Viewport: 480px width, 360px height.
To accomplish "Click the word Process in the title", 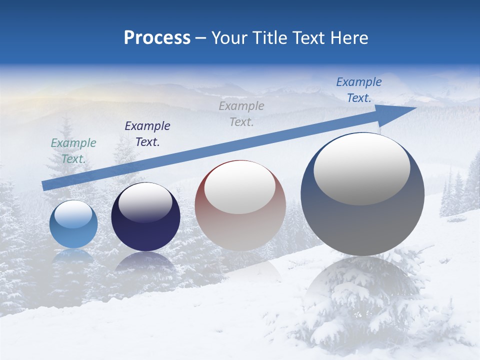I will tap(157, 38).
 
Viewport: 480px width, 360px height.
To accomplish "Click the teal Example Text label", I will tap(73, 151).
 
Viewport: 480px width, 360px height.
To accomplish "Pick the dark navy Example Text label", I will tap(147, 134).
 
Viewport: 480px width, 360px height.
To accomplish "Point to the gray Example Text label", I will tap(241, 113).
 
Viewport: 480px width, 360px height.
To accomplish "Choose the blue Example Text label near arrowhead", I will tap(358, 90).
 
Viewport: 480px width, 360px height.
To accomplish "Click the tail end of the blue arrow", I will tap(44, 186).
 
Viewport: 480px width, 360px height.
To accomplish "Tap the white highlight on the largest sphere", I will tap(362, 169).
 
